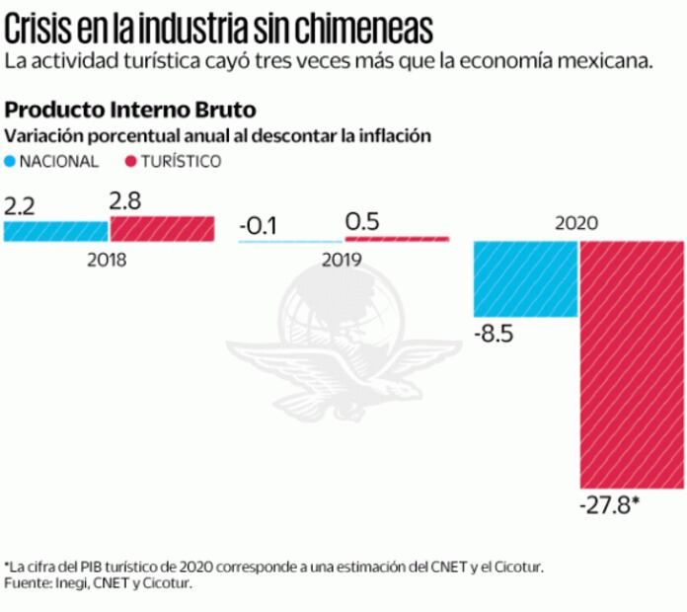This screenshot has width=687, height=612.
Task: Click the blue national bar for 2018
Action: coord(55,231)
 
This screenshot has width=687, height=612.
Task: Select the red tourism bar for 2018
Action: coord(162,229)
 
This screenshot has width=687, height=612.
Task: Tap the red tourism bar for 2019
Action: coord(397,238)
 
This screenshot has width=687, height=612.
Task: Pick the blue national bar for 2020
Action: coord(526,278)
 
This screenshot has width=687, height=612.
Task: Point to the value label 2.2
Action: coord(20,206)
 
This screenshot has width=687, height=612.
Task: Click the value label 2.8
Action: coord(126,201)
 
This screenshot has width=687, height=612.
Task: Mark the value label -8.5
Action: coord(494,334)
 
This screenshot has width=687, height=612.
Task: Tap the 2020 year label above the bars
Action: coord(577,223)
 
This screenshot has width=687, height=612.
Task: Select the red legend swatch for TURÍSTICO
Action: coord(130,161)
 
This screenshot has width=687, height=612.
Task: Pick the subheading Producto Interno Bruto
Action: coord(131,109)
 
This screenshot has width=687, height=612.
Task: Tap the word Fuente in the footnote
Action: coord(30,584)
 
